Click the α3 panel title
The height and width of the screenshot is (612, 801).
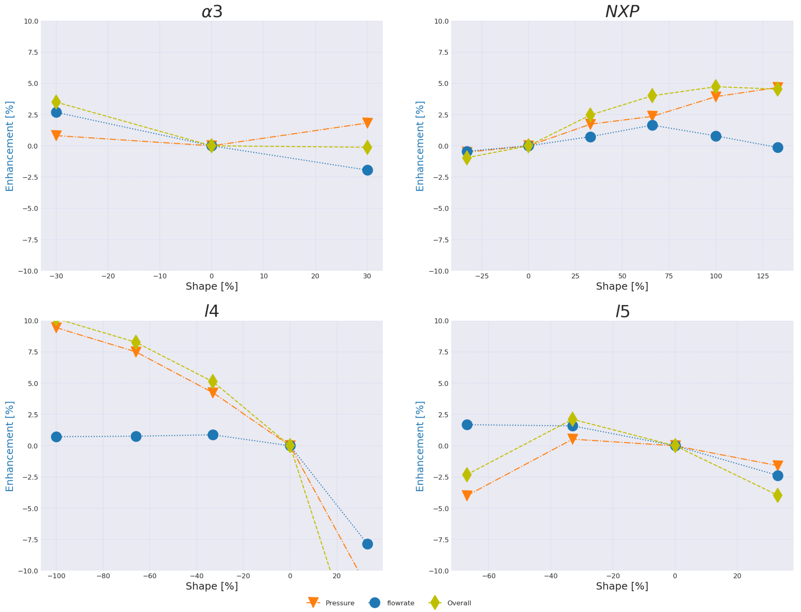coord(212,12)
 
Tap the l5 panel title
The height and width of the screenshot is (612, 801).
coord(622,312)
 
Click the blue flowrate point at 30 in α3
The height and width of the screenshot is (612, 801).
coord(367,170)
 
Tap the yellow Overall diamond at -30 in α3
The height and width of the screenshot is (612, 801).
coord(56,102)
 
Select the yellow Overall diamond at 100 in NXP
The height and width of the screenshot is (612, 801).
coord(715,86)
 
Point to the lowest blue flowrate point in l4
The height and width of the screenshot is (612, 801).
coord(367,544)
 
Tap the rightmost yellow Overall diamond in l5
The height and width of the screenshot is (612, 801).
coord(777,495)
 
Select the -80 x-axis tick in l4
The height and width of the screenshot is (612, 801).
coord(103,576)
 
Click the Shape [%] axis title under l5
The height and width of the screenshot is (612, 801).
coord(622,586)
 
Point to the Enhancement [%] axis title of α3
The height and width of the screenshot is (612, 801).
coord(10,146)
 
